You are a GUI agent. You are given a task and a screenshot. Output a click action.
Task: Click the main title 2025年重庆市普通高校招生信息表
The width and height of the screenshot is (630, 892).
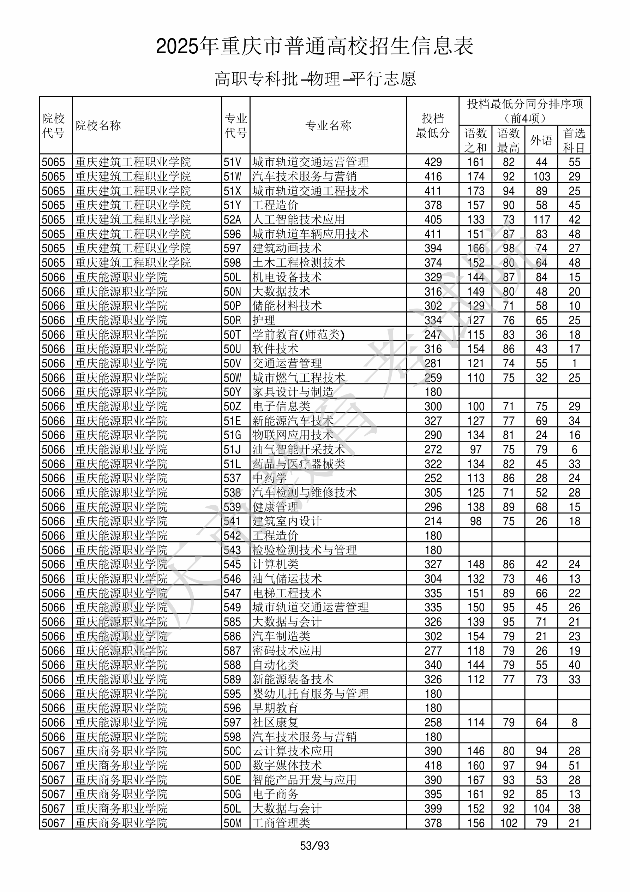point(314,46)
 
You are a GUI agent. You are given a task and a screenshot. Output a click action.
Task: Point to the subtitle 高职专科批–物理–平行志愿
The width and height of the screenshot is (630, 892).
point(315,79)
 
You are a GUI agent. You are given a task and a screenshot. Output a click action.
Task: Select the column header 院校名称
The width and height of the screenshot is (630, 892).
point(98,125)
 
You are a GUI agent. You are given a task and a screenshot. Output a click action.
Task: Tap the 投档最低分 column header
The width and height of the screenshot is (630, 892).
point(432,125)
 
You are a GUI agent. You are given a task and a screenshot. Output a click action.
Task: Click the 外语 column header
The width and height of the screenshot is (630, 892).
point(541,140)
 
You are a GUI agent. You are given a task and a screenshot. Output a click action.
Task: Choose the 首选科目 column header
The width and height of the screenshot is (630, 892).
point(574,140)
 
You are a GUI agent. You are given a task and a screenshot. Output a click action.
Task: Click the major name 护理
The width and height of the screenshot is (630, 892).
point(264,320)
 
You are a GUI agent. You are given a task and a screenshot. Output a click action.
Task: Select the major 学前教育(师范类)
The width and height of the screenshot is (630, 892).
point(298,334)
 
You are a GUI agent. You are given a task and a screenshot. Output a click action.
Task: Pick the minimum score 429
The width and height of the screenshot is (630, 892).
point(433,162)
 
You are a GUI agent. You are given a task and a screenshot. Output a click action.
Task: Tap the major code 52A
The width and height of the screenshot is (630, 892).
point(232,220)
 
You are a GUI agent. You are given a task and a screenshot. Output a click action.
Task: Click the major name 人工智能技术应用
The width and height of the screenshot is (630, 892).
point(298,220)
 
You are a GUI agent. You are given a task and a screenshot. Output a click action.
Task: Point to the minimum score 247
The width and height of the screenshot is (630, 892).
point(433,334)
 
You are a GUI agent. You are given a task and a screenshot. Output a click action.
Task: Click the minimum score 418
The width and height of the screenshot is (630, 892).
point(433,765)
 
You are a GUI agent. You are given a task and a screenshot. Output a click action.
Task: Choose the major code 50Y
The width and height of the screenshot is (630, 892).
point(232,392)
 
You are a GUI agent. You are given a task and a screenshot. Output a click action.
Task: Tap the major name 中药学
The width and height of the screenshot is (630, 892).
point(270,478)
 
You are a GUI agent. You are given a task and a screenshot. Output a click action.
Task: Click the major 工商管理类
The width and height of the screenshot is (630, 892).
point(281,823)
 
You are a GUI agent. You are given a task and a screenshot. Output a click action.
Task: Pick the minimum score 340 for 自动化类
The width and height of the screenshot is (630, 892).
point(433,665)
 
